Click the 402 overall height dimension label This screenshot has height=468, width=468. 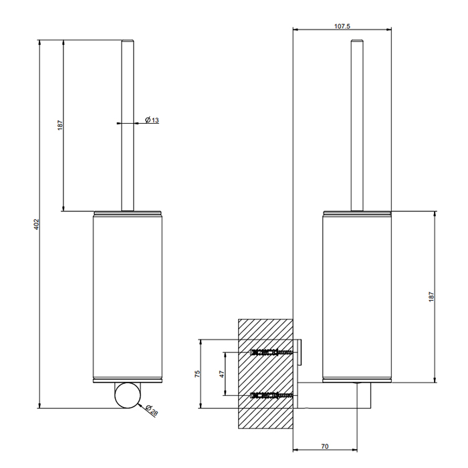click(36, 224)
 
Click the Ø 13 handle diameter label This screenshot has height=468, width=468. click(152, 120)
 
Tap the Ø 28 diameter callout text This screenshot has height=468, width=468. click(152, 411)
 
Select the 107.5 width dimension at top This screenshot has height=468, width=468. click(342, 26)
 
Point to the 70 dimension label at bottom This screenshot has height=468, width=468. click(325, 446)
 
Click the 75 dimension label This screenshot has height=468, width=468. click(197, 374)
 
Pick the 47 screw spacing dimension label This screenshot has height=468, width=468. click(221, 374)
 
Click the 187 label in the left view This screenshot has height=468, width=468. click(60, 125)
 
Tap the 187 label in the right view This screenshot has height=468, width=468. click(432, 297)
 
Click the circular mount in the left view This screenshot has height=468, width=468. click(128, 395)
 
